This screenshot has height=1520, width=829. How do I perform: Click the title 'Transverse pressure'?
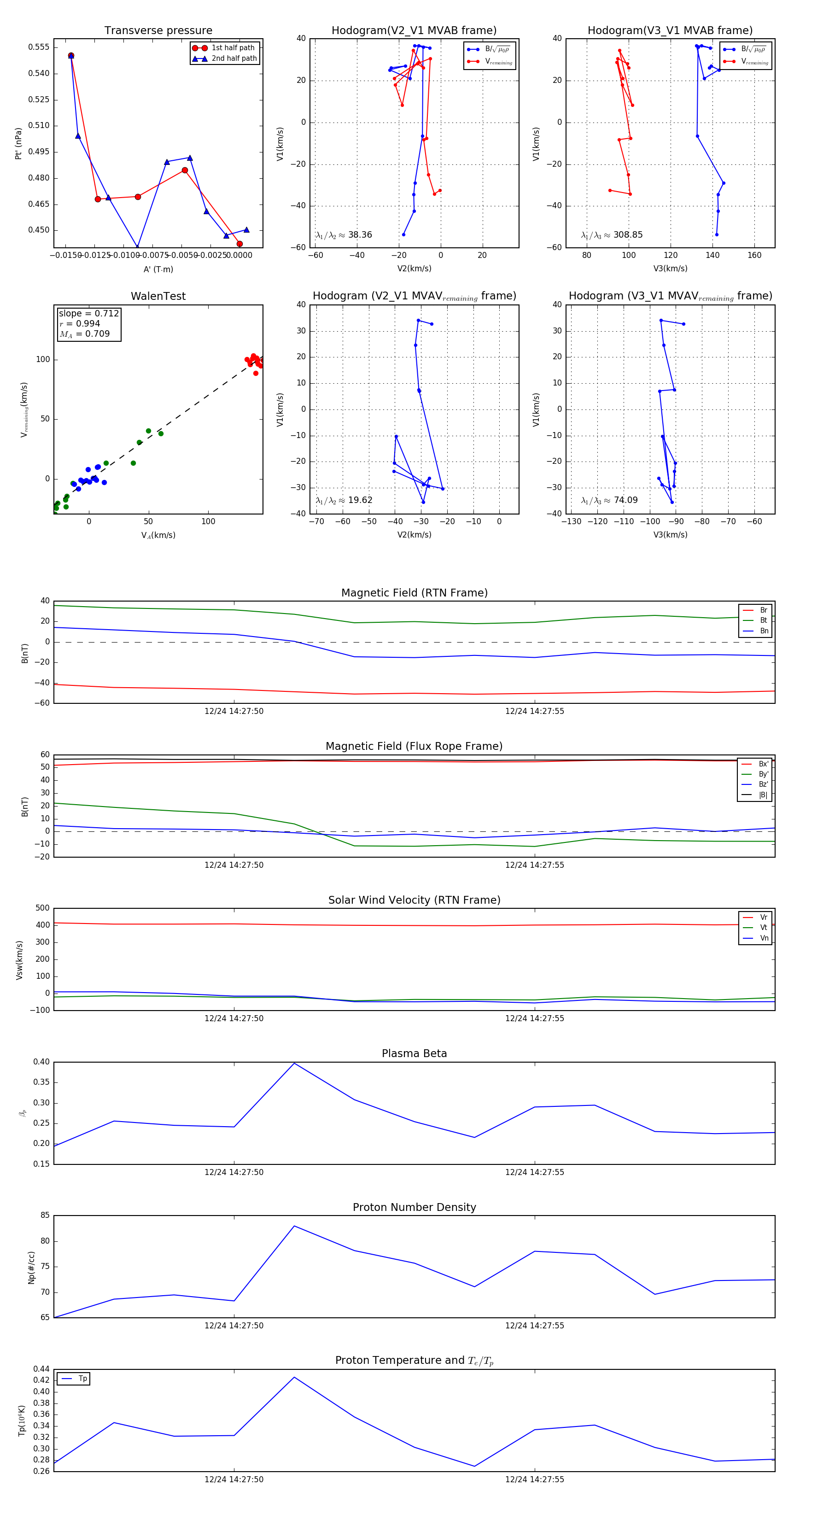pos(158,31)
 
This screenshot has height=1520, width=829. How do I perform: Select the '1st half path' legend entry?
pos(233,48)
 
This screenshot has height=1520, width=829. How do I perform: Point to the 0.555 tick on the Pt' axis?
pos(39,47)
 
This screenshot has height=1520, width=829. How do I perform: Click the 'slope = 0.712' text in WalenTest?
pos(88,313)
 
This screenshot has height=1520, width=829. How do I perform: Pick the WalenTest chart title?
pos(158,296)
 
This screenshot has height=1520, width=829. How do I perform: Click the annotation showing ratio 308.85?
pos(612,235)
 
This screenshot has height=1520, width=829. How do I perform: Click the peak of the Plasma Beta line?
pos(294,1063)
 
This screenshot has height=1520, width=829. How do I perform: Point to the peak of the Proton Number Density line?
pos(294,1226)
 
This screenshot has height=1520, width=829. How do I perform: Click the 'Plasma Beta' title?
pos(414,1054)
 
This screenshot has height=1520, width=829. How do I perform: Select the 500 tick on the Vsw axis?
pos(42,908)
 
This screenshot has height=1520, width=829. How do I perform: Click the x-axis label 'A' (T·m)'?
pos(158,269)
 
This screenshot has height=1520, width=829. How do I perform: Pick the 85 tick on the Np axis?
pos(45,1216)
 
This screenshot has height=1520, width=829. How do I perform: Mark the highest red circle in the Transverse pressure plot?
pos(71,55)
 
